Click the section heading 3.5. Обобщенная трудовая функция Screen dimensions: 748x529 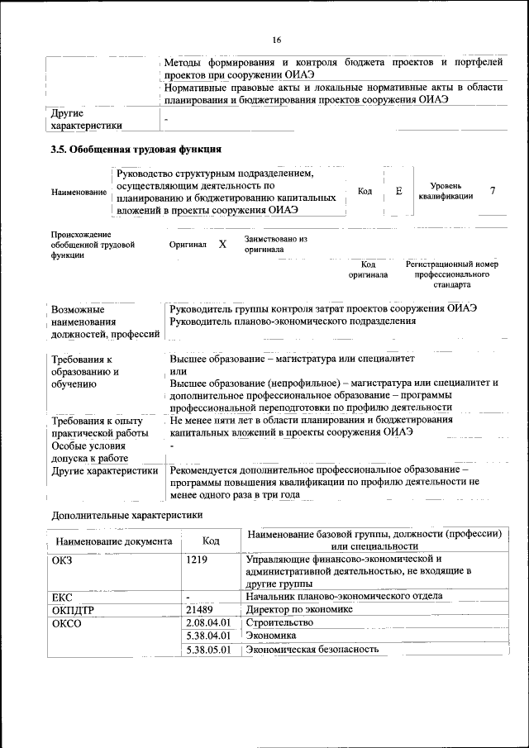136,150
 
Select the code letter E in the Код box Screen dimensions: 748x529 398,191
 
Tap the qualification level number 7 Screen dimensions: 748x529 492,191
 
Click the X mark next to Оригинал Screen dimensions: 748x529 222,245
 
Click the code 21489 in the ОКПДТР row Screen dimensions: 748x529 202,608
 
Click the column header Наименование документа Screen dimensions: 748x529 114,541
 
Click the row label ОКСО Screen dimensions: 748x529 67,622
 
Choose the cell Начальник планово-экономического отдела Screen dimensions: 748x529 344,595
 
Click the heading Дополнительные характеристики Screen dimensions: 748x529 126,514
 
